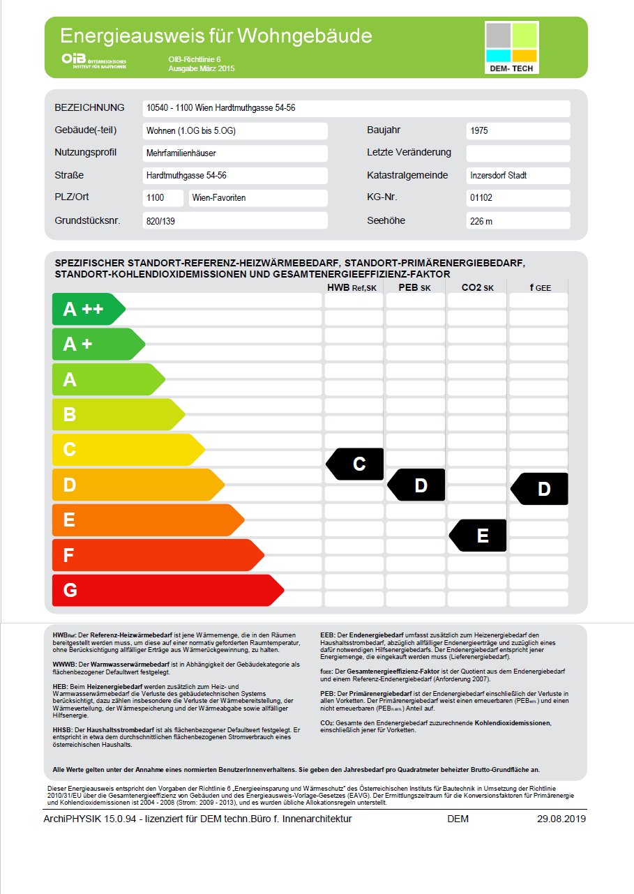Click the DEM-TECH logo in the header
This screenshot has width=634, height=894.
coord(511,47)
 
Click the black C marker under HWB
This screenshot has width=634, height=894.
coord(356,464)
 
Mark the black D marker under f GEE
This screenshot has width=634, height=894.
coord(541,489)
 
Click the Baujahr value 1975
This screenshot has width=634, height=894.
coord(518,131)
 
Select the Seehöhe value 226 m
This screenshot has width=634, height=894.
coord(518,221)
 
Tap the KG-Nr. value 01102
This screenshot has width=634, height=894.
coord(518,198)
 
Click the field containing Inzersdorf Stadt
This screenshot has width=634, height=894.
coord(518,176)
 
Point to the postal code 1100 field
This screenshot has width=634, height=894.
coord(163,198)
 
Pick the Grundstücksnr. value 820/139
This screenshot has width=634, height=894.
coord(235,221)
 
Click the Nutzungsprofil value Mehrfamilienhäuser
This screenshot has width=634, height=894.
coord(235,153)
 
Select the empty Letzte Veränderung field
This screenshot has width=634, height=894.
coord(518,153)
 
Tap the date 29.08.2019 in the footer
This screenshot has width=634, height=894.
coord(561,819)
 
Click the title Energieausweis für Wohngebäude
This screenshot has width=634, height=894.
coord(216,36)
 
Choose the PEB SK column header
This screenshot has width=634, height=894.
coord(416,287)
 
